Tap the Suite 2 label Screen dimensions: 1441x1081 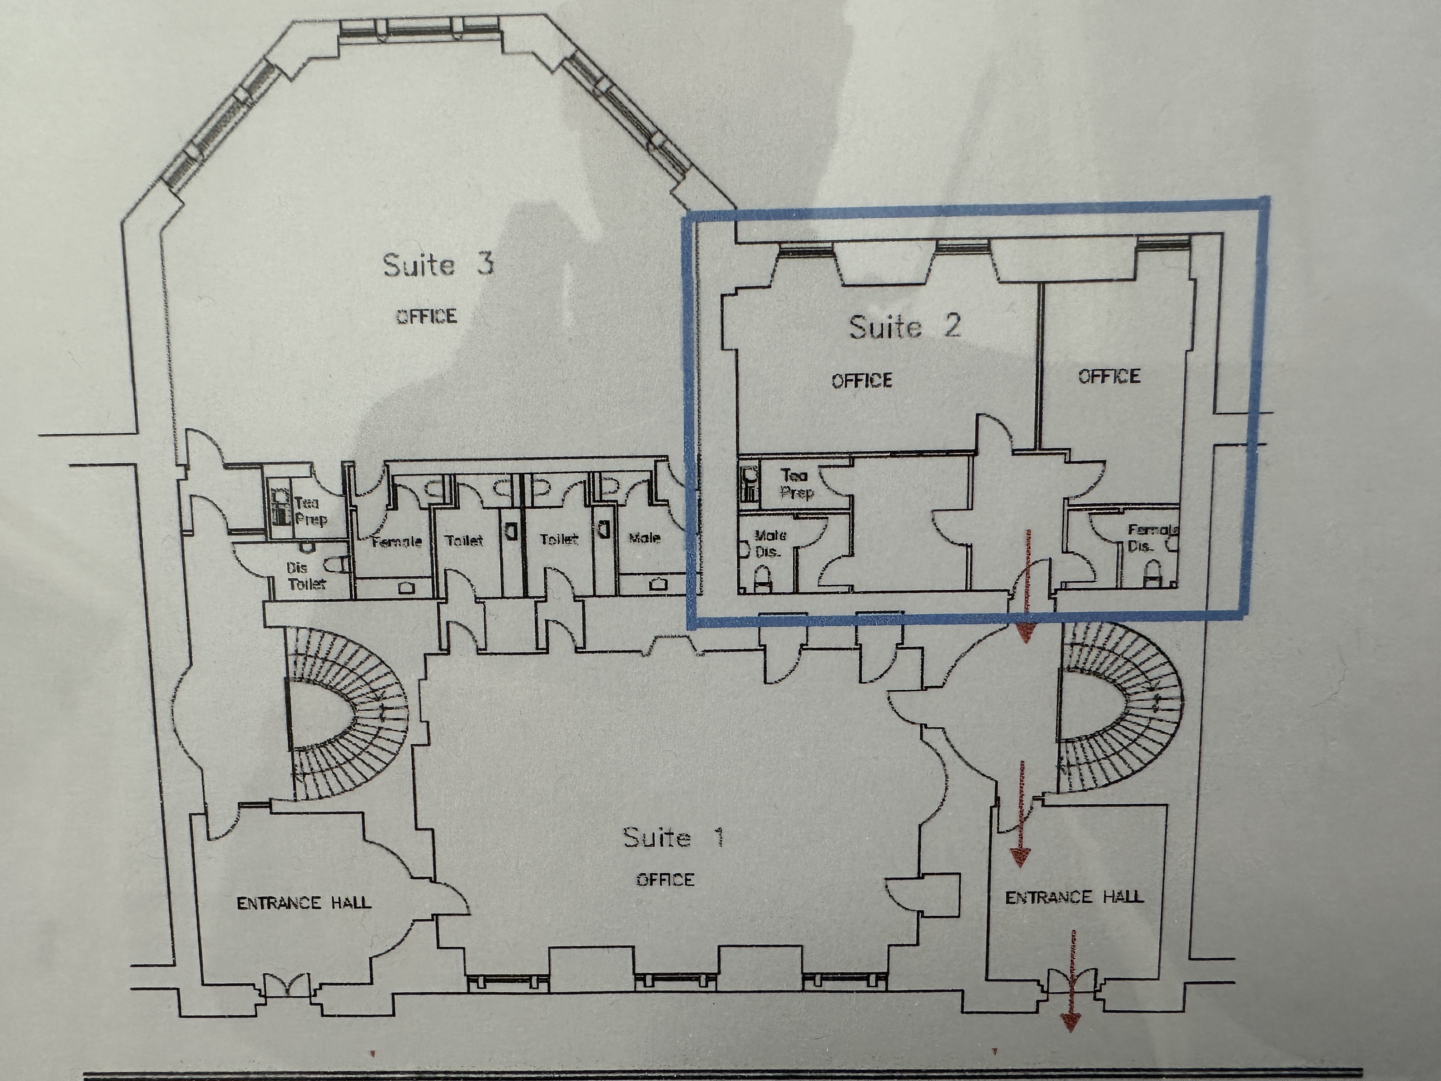click(905, 326)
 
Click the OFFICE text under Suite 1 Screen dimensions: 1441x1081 click(665, 880)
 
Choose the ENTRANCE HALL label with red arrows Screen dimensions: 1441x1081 click(1074, 897)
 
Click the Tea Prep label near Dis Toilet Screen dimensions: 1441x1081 click(310, 511)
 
